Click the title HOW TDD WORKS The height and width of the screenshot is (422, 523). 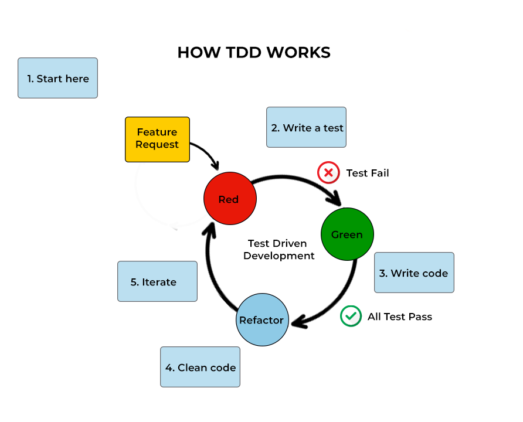pos(253,53)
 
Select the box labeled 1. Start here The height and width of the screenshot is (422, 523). pos(57,78)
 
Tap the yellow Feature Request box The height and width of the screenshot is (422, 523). pos(157,139)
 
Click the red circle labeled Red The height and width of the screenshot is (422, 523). pos(229,199)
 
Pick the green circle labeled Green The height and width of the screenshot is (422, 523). pos(347,234)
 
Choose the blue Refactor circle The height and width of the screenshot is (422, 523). pos(262,320)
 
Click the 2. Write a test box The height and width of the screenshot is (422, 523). pos(306,127)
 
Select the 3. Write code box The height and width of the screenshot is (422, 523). pos(414,273)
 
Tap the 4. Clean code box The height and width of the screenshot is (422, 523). pos(200,367)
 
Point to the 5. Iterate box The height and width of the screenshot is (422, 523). pos(157,281)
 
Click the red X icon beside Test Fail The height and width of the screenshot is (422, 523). pos(328,173)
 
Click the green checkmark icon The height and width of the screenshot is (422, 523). pos(351,316)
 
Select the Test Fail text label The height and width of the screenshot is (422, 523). pos(368,173)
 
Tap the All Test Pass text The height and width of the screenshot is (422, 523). pos(400,316)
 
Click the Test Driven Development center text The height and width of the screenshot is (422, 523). pos(279,250)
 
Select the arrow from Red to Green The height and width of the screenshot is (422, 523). pos(299,178)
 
